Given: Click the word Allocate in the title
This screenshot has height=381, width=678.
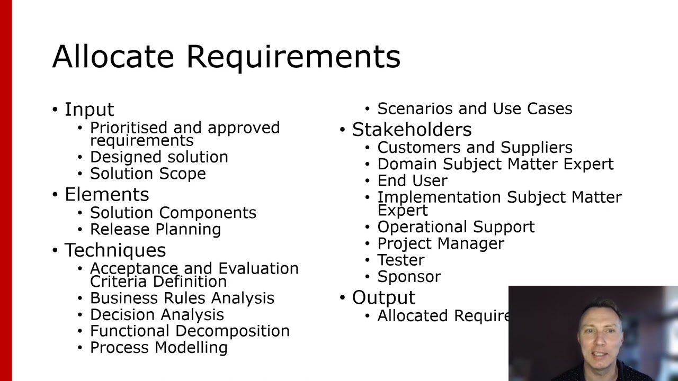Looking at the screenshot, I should [113, 56].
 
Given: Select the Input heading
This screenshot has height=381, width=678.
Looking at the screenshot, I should [89, 110].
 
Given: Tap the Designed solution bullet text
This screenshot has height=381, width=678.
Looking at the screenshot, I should [159, 157].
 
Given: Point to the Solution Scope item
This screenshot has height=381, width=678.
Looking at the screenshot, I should [148, 174].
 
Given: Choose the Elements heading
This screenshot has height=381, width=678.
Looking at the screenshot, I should [106, 194].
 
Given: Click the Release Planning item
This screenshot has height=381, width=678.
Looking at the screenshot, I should [155, 229].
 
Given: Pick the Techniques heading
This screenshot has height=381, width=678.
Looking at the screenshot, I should [115, 250].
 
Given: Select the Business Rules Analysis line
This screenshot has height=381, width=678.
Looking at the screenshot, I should [182, 298].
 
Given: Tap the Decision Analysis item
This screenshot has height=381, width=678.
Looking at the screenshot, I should [157, 314].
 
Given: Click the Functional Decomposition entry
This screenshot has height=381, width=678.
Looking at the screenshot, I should [190, 331].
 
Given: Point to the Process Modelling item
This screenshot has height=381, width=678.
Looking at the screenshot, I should [158, 348].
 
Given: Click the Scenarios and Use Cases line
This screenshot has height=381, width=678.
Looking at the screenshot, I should [475, 108].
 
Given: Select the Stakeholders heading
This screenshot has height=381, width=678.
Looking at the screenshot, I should [412, 130].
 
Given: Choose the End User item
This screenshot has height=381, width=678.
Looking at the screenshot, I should [412, 180].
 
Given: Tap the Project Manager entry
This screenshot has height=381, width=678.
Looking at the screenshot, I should [441, 243].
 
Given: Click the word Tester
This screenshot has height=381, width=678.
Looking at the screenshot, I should [400, 260].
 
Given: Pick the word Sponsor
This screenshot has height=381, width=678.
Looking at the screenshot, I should [409, 277].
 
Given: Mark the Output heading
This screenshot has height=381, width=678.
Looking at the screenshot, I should [383, 297].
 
